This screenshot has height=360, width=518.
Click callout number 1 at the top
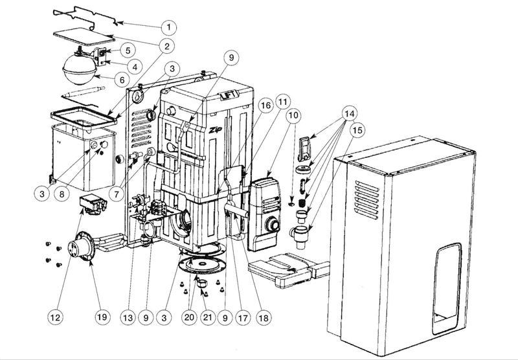click(x=168, y=27)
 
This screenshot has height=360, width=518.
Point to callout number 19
click(x=101, y=317)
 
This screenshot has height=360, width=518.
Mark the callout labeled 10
click(x=293, y=115)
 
